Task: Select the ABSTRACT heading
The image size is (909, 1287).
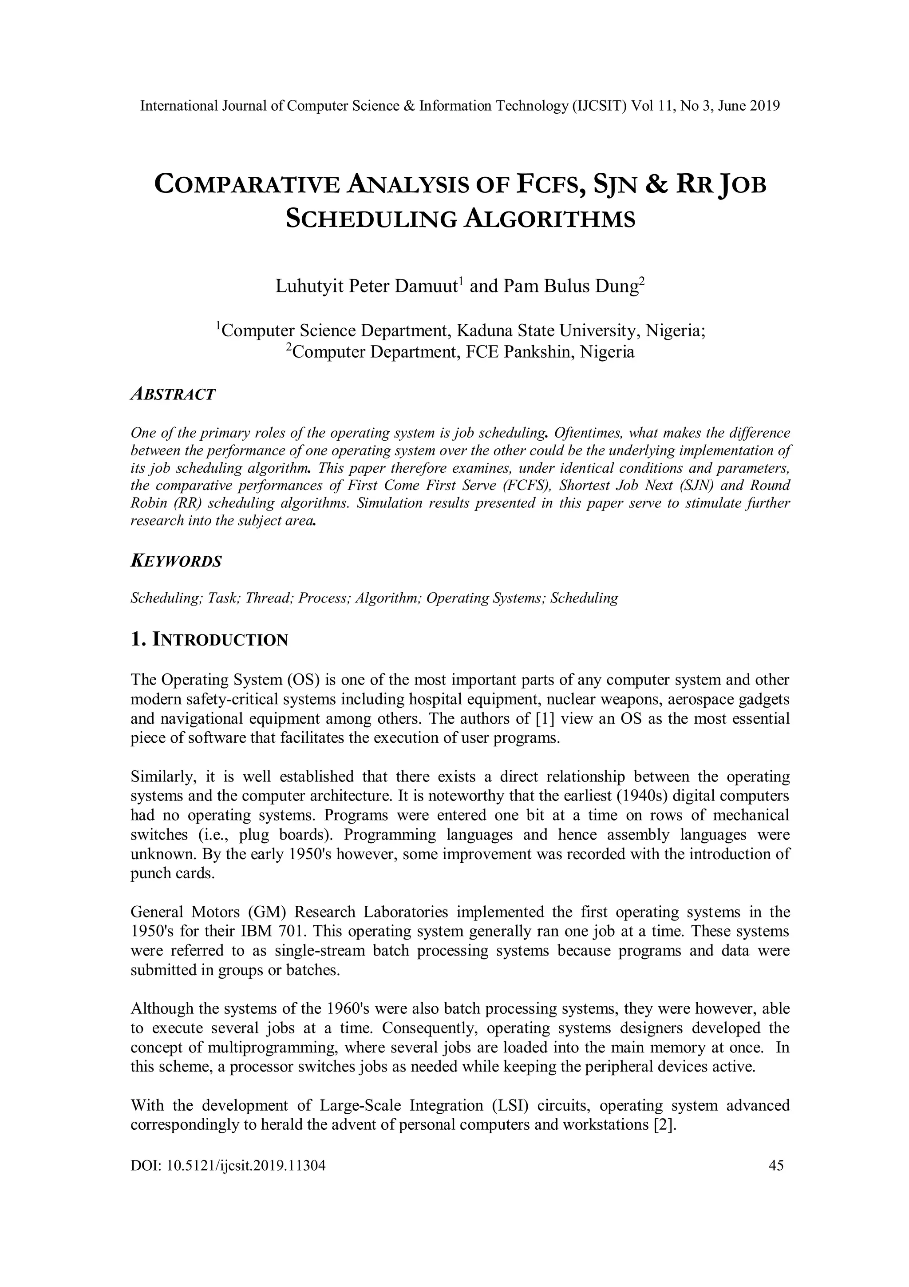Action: point(173,394)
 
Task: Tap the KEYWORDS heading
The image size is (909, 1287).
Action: point(176,561)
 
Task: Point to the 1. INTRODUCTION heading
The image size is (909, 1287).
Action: point(209,639)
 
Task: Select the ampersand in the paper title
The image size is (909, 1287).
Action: point(655,185)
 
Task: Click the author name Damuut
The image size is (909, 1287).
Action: point(426,287)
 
